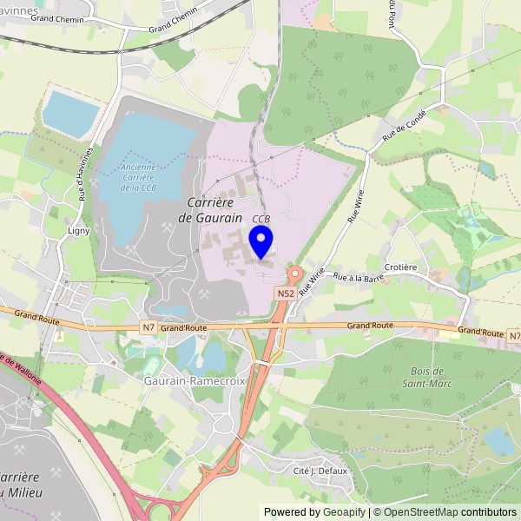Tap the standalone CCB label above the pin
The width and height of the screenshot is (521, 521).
click(x=261, y=219)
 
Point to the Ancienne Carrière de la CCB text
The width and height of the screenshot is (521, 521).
click(x=139, y=177)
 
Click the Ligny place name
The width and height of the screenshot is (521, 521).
click(x=79, y=231)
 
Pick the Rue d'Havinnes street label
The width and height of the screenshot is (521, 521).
click(x=83, y=177)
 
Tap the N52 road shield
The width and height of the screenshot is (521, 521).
click(x=286, y=293)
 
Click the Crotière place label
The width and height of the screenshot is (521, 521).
click(x=402, y=267)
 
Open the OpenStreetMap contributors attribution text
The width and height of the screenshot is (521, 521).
click(x=445, y=512)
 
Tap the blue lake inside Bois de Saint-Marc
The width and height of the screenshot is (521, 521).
click(x=500, y=441)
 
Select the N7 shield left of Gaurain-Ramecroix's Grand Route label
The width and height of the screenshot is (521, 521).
click(x=148, y=327)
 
